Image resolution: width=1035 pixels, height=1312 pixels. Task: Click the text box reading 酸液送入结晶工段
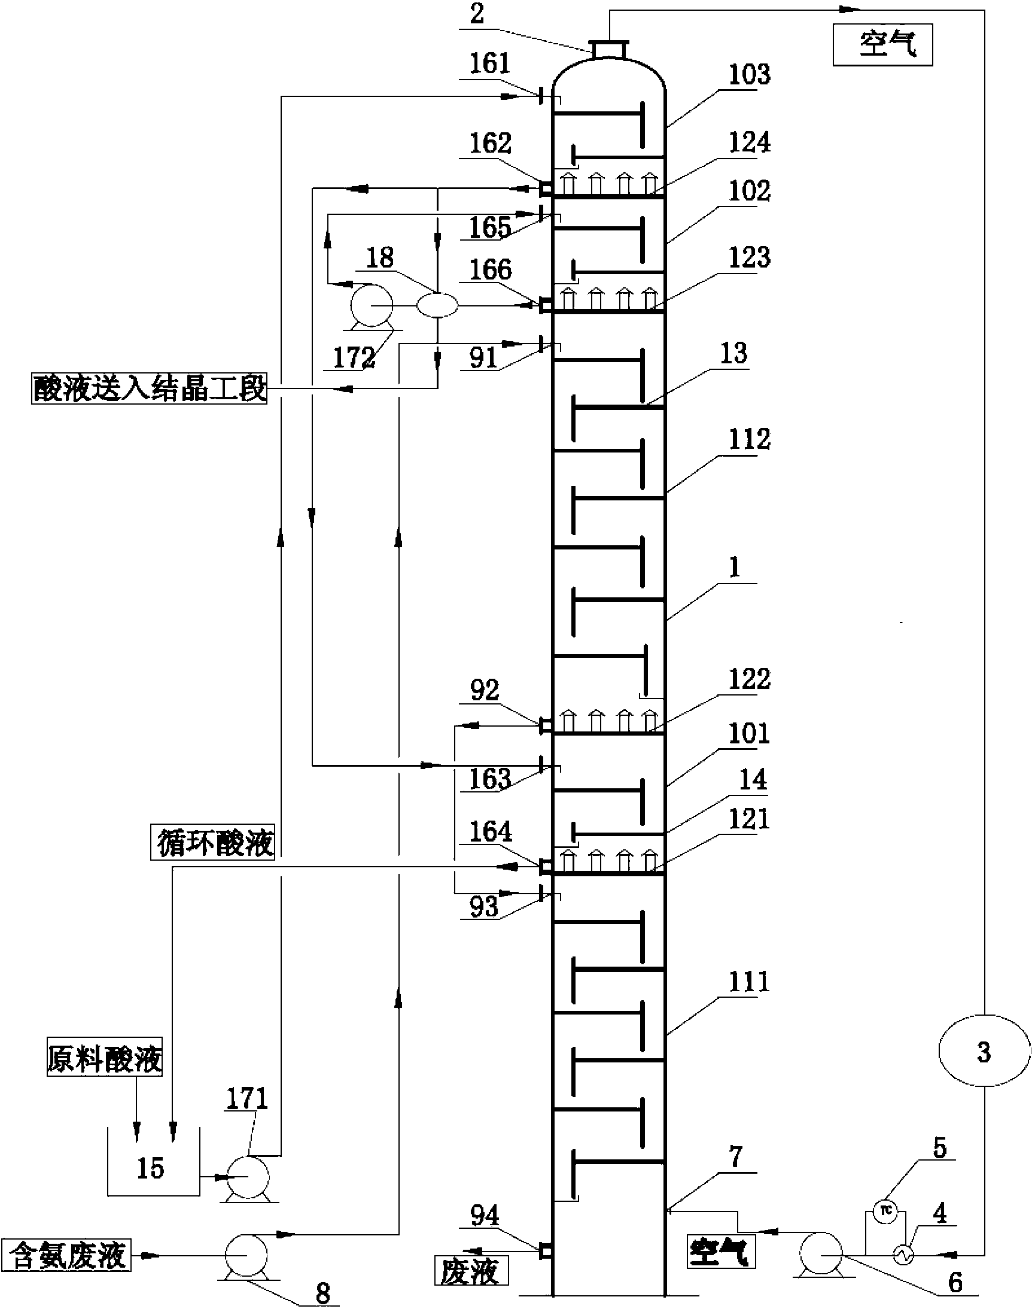[149, 388]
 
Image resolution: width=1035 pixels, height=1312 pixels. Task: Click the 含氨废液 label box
[66, 1254]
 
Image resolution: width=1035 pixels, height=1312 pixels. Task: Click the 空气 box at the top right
[882, 44]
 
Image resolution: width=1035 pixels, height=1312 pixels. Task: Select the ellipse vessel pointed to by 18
[437, 304]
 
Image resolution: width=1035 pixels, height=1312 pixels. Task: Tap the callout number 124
[749, 142]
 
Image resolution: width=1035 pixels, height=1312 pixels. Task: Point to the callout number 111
[749, 980]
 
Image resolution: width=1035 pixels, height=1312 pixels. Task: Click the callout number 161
[490, 63]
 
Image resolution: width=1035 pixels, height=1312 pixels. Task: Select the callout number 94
[485, 1215]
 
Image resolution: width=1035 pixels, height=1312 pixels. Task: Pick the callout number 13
[733, 353]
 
